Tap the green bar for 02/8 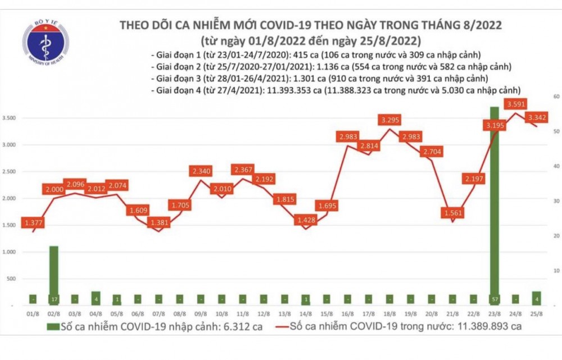(x=53, y=275)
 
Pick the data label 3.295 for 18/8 (x=390, y=120)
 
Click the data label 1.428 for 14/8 (x=306, y=220)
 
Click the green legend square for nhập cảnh (x=51, y=326)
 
